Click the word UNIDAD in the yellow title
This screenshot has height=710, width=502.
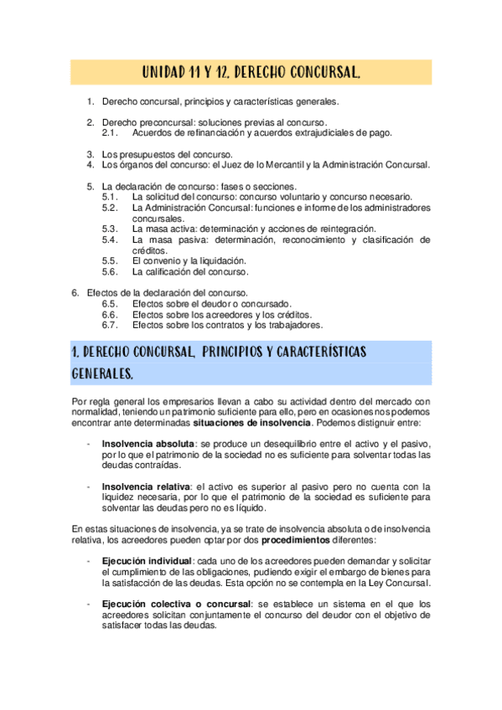point(163,73)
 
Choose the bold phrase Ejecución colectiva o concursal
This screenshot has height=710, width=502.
point(175,604)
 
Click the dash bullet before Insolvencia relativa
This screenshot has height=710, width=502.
point(89,486)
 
